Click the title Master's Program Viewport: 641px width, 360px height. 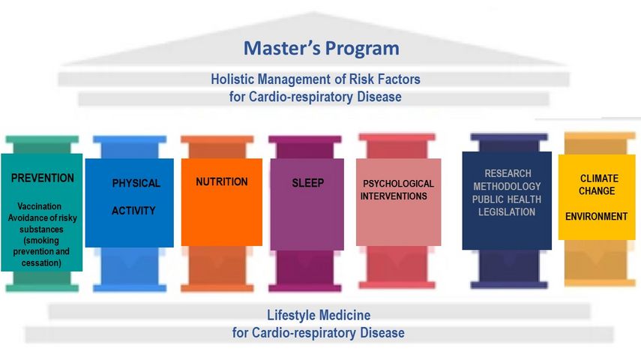[322, 48]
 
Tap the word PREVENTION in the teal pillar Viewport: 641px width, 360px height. [43, 178]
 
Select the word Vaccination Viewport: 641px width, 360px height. [39, 206]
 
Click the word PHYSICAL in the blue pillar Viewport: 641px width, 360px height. [136, 183]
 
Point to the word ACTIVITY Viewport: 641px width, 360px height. [133, 211]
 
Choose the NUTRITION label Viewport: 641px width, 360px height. [222, 181]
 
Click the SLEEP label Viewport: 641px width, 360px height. [308, 183]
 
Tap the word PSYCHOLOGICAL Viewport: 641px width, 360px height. [399, 184]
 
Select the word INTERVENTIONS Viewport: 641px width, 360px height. [394, 196]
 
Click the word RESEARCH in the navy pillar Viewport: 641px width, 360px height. [508, 173]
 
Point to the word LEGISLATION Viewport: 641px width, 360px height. [507, 212]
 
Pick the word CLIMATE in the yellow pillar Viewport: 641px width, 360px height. [599, 178]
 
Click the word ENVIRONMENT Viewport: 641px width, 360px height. [597, 217]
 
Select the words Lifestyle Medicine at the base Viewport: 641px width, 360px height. [319, 315]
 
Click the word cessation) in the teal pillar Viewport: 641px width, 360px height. [41, 262]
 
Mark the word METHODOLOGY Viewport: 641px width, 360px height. [507, 187]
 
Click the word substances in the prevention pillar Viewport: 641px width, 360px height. [41, 229]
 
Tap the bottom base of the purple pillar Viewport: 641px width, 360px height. [305, 287]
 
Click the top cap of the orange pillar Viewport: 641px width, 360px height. [217, 139]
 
